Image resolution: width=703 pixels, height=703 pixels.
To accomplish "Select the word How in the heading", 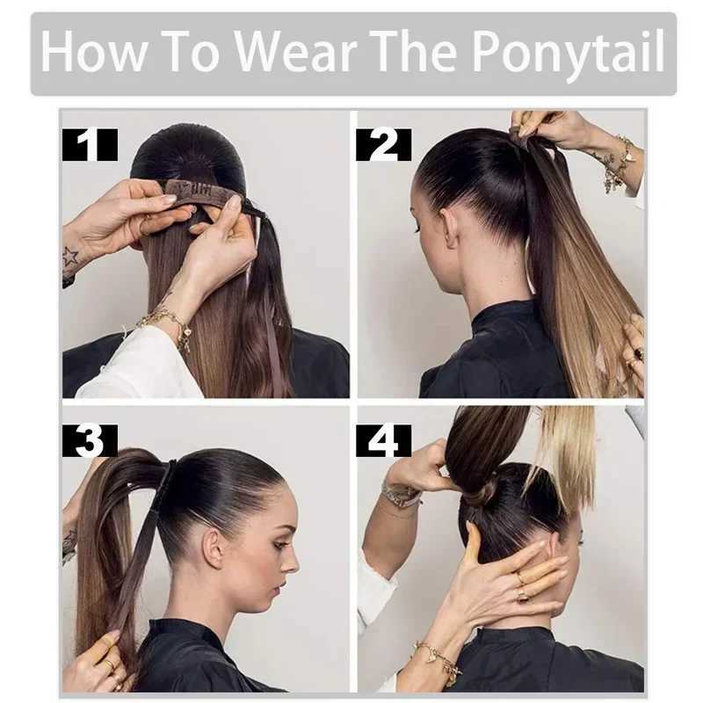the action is pyautogui.click(x=93, y=50).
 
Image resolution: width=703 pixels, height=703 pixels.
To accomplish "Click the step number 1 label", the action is pyautogui.click(x=90, y=145).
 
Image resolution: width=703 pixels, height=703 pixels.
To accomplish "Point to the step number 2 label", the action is pyautogui.click(x=383, y=145).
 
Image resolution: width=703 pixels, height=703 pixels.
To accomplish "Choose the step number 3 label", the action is pyautogui.click(x=90, y=441).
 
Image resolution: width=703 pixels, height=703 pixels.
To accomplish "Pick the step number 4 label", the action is pyautogui.click(x=383, y=441).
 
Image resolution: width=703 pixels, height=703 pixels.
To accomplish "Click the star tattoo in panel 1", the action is pyautogui.click(x=70, y=257).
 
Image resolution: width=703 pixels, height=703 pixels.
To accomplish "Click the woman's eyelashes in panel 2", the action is pyautogui.click(x=417, y=228).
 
